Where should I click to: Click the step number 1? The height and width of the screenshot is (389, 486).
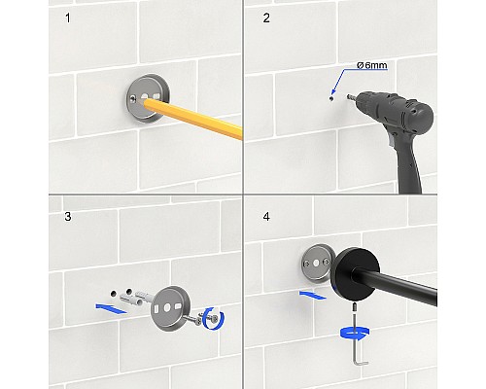tap(68, 18)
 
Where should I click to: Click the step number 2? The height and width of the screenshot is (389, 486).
tap(266, 18)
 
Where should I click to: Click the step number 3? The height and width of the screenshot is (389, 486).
tap(68, 216)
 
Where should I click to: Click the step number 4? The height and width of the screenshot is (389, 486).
tap(266, 216)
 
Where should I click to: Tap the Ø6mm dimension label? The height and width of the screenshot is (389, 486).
tap(372, 65)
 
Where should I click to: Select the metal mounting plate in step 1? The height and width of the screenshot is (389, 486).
tap(148, 98)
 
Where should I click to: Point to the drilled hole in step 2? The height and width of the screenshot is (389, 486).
tap(331, 97)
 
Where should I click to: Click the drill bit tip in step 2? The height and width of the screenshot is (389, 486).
tap(349, 96)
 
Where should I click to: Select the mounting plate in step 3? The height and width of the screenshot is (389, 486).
tap(170, 308)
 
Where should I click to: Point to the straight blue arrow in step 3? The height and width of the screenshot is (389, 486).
tap(111, 308)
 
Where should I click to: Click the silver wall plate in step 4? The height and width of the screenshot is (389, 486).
tap(316, 264)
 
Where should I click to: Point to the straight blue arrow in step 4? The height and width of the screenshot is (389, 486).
tap(313, 295)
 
